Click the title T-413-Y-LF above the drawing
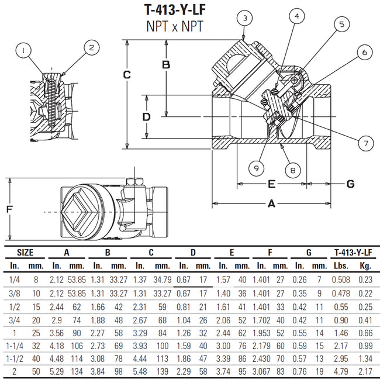pyautogui.click(x=175, y=10)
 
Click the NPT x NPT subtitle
pyautogui.click(x=175, y=26)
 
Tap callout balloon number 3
pyautogui.click(x=246, y=19)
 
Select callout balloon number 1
pyautogui.click(x=24, y=51)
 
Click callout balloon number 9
pyautogui.click(x=255, y=168)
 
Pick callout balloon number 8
pyautogui.click(x=293, y=170)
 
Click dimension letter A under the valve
pyautogui.click(x=271, y=203)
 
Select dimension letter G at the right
pyautogui.click(x=350, y=184)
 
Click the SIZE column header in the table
pyautogui.click(x=24, y=253)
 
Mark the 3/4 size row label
pyautogui.click(x=15, y=320)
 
